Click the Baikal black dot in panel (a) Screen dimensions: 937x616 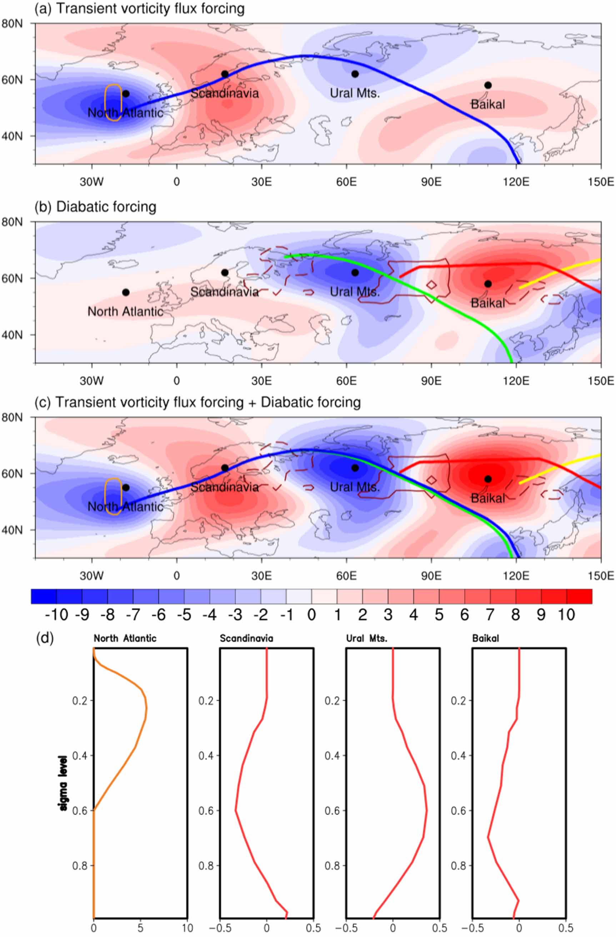[x=488, y=85]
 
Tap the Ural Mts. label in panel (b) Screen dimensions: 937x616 [x=354, y=292]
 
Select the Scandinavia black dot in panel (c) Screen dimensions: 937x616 [x=225, y=468]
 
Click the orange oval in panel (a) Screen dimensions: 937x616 [x=113, y=102]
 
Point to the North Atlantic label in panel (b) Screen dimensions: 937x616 [x=125, y=311]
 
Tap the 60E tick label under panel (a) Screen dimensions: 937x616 [x=346, y=182]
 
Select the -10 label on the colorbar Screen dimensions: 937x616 [x=56, y=615]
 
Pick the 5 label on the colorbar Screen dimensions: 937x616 [x=439, y=615]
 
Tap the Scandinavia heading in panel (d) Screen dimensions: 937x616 [x=246, y=638]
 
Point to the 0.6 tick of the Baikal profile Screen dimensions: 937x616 [x=458, y=811]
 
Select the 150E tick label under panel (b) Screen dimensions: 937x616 [x=601, y=381]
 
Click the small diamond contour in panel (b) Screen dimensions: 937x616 [x=431, y=285]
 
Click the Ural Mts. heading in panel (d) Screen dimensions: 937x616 [x=366, y=638]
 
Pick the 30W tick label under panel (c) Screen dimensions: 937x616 [x=92, y=576]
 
